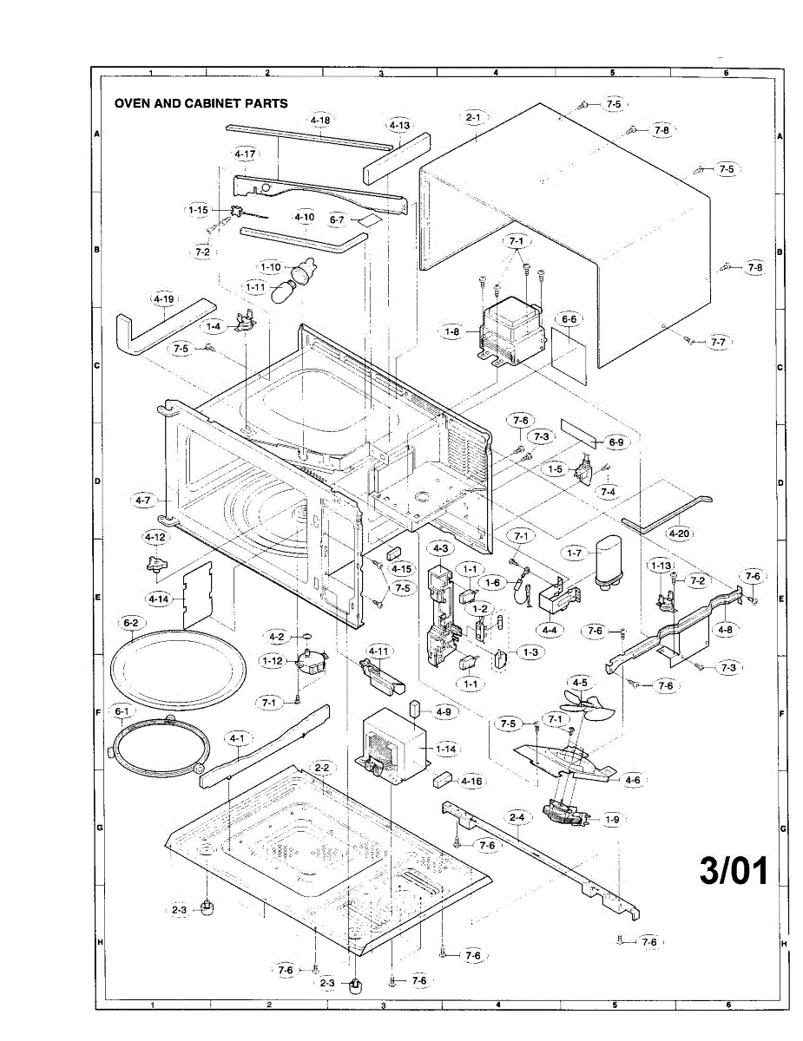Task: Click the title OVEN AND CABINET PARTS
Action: coord(201,103)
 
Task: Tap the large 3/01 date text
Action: coord(734,871)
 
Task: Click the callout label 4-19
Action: coord(163,299)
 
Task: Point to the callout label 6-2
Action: coord(131,622)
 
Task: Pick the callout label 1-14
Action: coord(446,748)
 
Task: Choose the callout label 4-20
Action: coord(679,533)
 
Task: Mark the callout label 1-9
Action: coord(612,819)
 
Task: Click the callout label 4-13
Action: coord(399,125)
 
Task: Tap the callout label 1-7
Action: coord(574,553)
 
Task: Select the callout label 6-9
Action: coord(615,442)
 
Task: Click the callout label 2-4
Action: coord(517,817)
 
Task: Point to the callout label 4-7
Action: coord(143,500)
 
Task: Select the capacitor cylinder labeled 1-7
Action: coord(605,561)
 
